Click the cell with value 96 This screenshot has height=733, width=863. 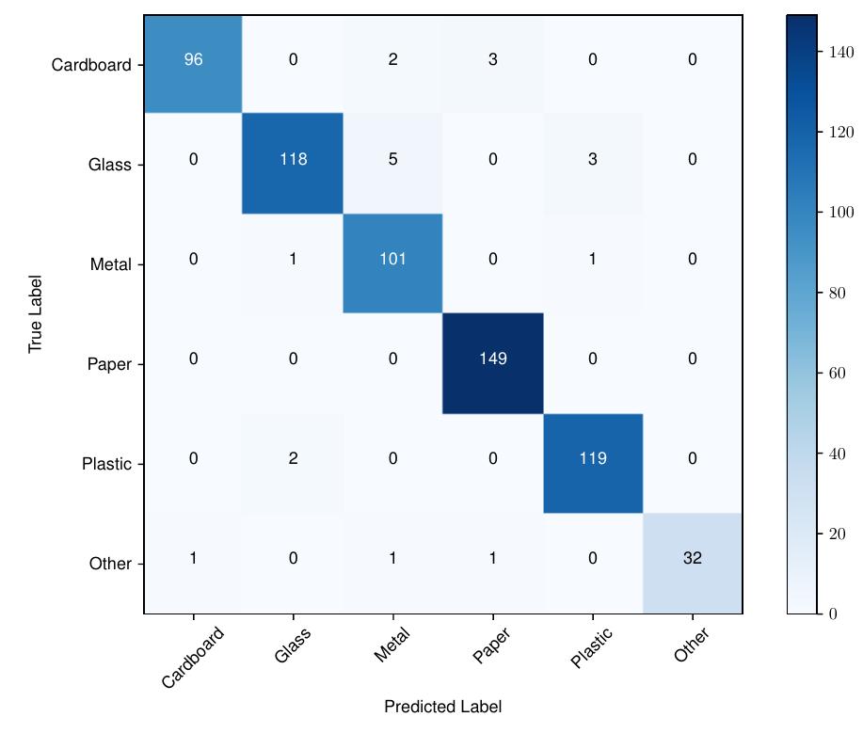(x=193, y=60)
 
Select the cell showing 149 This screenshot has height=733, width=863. (x=493, y=359)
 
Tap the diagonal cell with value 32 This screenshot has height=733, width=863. (x=693, y=558)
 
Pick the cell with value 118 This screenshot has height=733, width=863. (x=293, y=160)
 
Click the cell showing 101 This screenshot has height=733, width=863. (x=392, y=259)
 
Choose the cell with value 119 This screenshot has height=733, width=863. (x=593, y=458)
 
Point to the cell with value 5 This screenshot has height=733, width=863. (x=392, y=160)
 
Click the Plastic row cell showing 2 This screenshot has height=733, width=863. (x=293, y=458)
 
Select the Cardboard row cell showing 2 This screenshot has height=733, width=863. (x=392, y=60)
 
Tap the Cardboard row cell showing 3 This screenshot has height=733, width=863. (x=493, y=60)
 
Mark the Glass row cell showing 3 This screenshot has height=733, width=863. (x=593, y=160)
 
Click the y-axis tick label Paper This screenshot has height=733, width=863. (x=110, y=364)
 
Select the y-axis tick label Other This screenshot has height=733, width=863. (x=110, y=564)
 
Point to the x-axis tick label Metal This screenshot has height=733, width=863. (x=392, y=645)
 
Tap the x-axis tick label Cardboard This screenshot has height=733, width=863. (x=193, y=657)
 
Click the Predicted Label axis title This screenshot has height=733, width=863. (x=442, y=707)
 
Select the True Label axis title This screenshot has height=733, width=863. (x=36, y=314)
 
